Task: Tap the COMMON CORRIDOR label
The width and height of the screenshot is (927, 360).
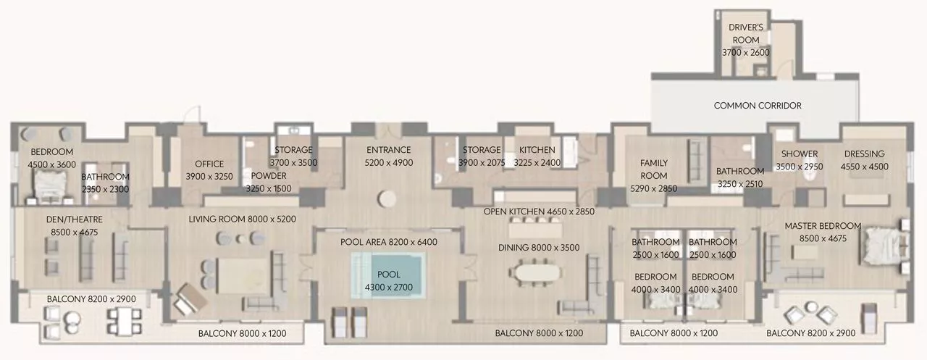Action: (x=758, y=106)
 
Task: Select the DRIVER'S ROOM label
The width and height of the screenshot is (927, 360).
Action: (x=746, y=33)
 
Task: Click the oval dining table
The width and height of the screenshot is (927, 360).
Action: (x=534, y=272)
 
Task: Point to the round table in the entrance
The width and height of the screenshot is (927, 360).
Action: (x=387, y=198)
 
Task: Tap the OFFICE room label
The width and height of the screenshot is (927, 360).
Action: (x=209, y=164)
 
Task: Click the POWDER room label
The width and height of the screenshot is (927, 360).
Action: (x=269, y=175)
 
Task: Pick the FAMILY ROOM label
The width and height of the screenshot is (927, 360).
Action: (x=653, y=169)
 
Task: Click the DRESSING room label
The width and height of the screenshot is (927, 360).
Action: (x=865, y=154)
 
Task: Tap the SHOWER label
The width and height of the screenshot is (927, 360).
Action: (x=799, y=154)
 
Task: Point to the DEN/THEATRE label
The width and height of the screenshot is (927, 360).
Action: (x=74, y=219)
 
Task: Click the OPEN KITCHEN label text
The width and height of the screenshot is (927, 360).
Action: (x=513, y=212)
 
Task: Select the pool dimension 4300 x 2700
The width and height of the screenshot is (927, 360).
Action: (x=389, y=287)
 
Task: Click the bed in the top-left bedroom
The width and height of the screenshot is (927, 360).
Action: (x=50, y=185)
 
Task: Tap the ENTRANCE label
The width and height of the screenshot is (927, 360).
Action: (x=389, y=150)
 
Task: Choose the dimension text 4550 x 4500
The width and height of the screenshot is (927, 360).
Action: (x=865, y=167)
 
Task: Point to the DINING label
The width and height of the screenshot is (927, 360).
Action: (x=513, y=248)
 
